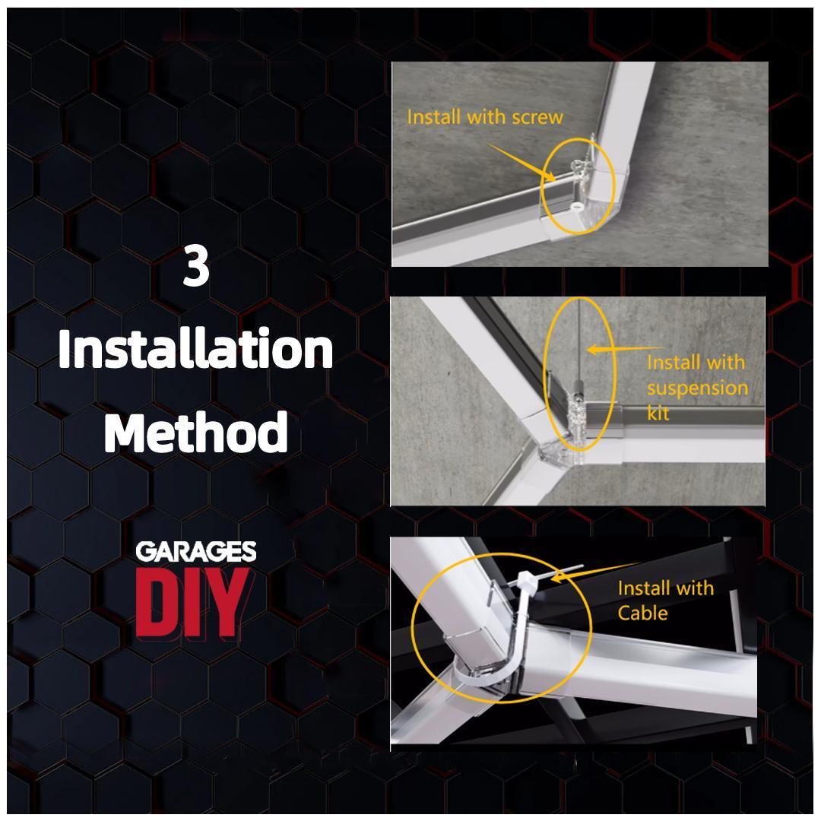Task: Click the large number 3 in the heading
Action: click(x=196, y=268)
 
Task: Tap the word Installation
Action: click(x=196, y=350)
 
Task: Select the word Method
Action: click(x=196, y=433)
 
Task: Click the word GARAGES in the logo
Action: click(x=196, y=552)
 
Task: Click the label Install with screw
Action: click(x=485, y=117)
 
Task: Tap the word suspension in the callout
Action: click(x=697, y=388)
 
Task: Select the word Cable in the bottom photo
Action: click(x=642, y=613)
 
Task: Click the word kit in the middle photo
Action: click(x=659, y=413)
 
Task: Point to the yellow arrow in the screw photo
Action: click(x=517, y=161)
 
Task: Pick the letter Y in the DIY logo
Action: click(x=230, y=602)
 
